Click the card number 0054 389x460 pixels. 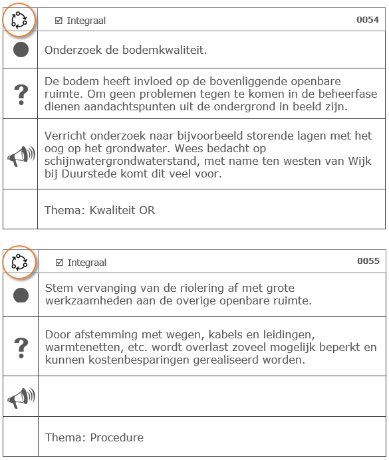tap(368, 20)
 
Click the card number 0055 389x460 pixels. tap(368, 261)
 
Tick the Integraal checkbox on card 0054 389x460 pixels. tap(59, 21)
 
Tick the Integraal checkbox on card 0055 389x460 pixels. tap(59, 263)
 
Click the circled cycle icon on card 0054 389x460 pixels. tap(20, 20)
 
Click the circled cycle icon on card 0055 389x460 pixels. tap(20, 261)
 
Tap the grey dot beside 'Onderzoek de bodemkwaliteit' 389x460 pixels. tap(21, 50)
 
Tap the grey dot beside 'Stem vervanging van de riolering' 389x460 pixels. tap(21, 294)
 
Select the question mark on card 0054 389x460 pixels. tap(21, 94)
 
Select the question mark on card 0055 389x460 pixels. tap(21, 346)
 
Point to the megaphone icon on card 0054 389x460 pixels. tap(21, 155)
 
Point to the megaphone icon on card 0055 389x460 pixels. tap(21, 397)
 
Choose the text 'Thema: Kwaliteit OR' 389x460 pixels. tap(99, 210)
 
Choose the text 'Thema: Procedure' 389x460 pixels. tap(94, 437)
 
